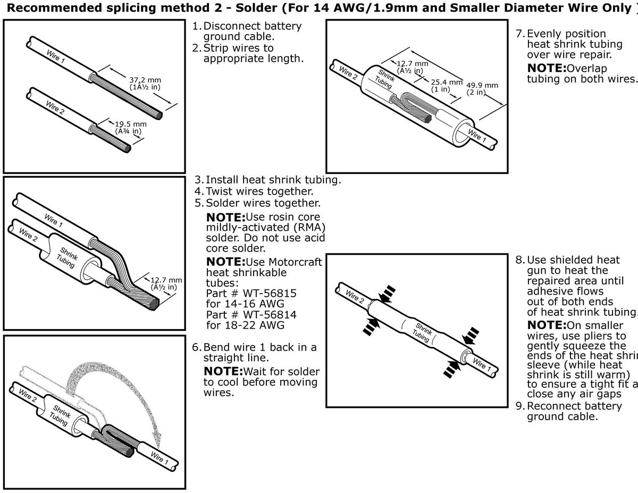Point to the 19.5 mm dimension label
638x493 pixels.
pos(130,124)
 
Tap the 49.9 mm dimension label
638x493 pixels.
pos(482,85)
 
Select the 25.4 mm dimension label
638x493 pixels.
pos(446,82)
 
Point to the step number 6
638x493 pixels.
pos(196,347)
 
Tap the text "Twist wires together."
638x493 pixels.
pos(259,191)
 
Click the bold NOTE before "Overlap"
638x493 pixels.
pos(547,68)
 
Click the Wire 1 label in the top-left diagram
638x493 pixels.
pos(55,56)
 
